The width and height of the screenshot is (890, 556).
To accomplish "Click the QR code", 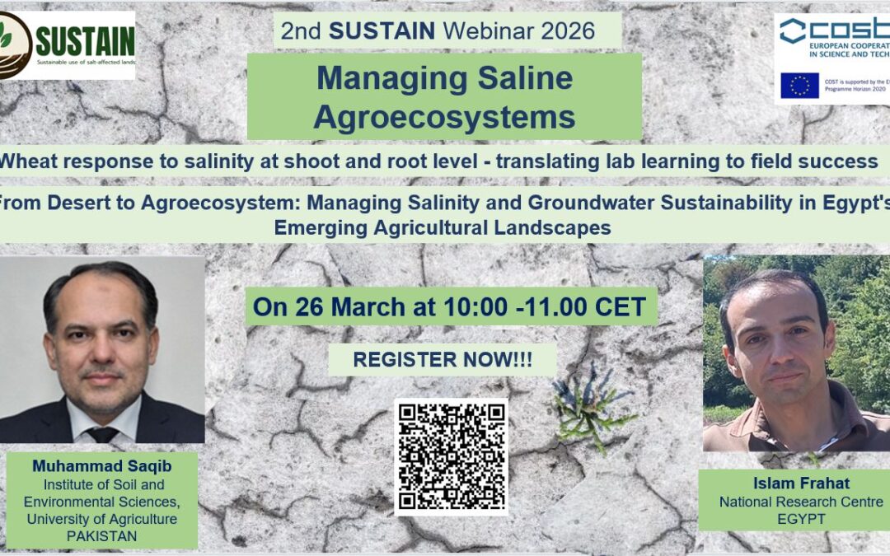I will [x=450, y=456].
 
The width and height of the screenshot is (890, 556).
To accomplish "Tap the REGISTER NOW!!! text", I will [x=443, y=359].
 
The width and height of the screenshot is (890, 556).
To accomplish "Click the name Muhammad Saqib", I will [x=102, y=466].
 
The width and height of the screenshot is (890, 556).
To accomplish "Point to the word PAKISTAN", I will [x=102, y=536].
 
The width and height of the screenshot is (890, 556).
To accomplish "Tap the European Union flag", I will [x=799, y=86].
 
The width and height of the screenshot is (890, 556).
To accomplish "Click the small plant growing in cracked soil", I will [x=590, y=406].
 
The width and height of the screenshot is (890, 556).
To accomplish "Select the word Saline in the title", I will [x=522, y=79].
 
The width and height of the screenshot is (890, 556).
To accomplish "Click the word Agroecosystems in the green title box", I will [x=444, y=118].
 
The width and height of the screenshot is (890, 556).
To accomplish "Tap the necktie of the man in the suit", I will [x=103, y=434].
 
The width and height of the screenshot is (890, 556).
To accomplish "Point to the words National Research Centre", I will [x=801, y=502].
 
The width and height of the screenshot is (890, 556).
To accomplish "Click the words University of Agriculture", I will [x=102, y=519].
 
